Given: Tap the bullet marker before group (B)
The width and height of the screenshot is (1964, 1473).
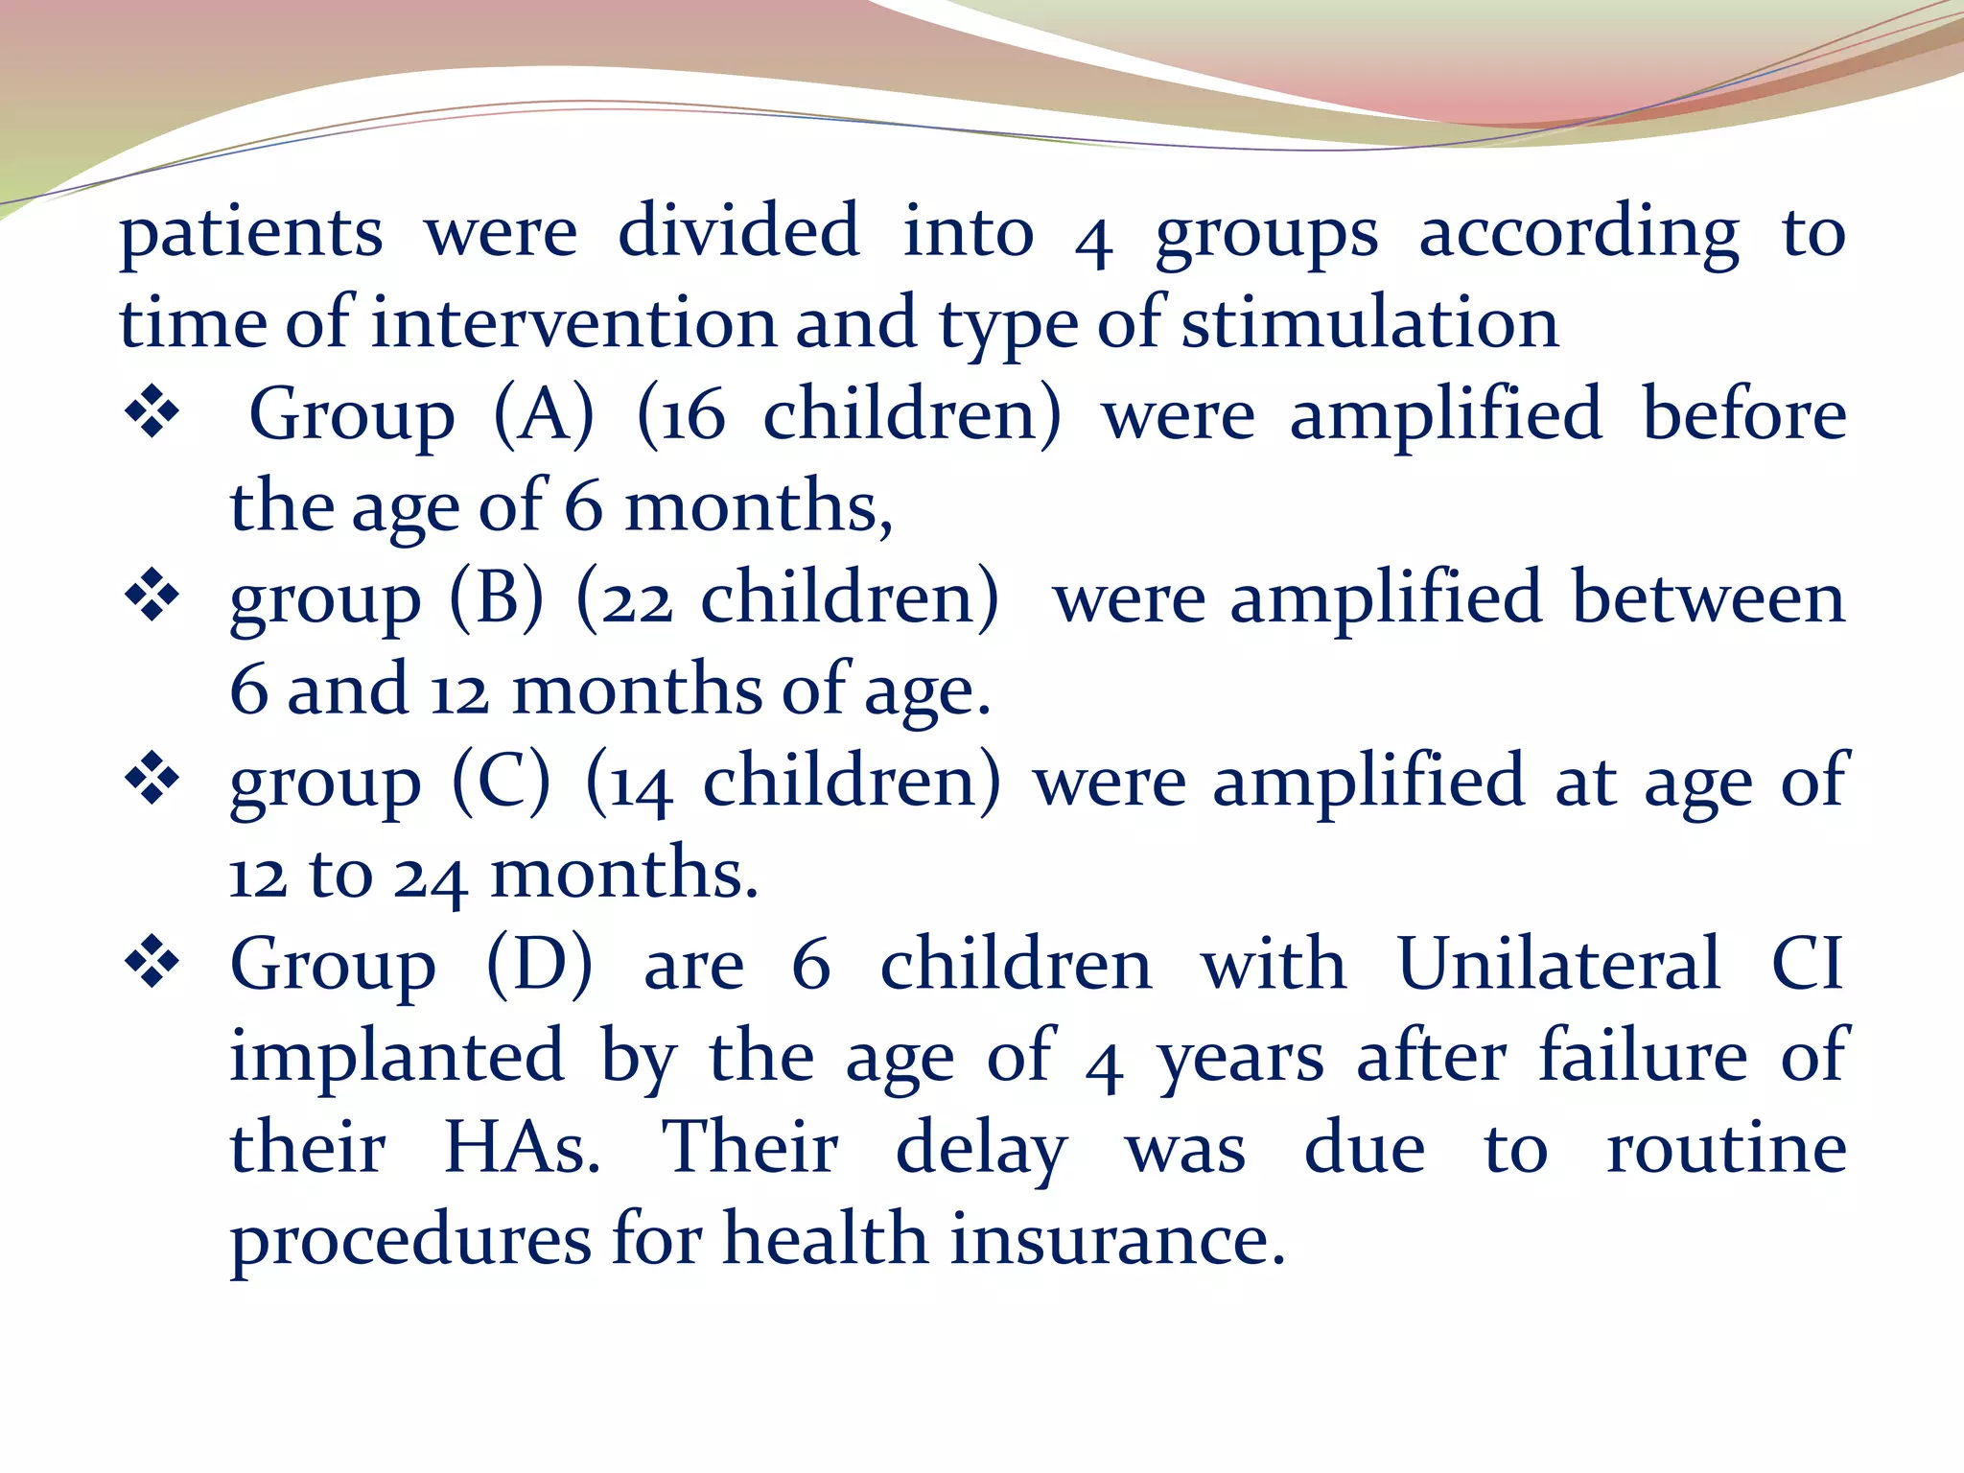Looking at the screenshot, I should click(152, 597).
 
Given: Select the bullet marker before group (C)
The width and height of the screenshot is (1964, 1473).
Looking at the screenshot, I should click(152, 780).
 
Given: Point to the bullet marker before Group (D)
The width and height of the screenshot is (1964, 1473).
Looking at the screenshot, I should click(152, 963).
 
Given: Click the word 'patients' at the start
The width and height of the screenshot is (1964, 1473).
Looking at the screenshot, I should click(251, 234).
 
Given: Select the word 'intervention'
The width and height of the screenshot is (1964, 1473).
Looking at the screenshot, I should click(574, 323).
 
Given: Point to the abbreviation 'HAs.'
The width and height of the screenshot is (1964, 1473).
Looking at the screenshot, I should click(523, 1147).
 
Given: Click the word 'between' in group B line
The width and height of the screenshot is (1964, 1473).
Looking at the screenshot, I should click(1708, 597).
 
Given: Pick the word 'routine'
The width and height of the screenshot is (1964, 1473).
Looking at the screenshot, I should click(1726, 1147).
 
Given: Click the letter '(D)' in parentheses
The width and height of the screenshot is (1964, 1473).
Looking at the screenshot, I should click(540, 965).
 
